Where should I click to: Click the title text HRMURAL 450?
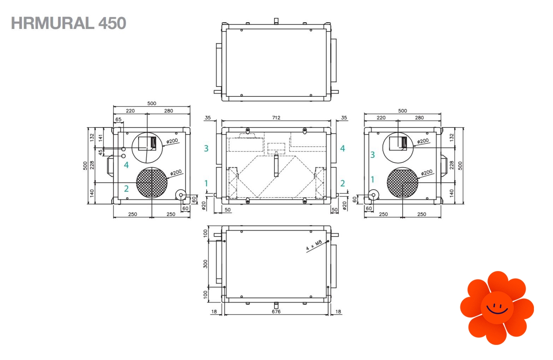coord(69,23)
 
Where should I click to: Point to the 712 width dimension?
coord(276,118)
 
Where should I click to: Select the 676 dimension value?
coord(276,312)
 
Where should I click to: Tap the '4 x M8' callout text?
coord(314,245)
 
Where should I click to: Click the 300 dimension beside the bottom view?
coord(206,264)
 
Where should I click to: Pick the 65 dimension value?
coord(118,119)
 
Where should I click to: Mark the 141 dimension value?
coord(101,138)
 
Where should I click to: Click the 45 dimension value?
coord(101,152)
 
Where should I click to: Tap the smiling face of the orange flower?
coord(497,307)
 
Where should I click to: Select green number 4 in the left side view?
coord(126,165)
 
